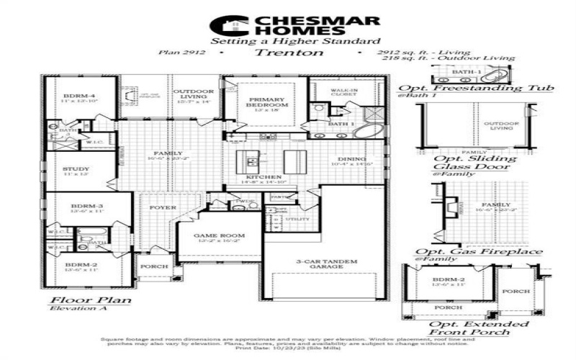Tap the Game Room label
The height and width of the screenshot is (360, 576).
click(x=220, y=236)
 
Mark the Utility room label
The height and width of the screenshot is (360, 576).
click(x=297, y=218)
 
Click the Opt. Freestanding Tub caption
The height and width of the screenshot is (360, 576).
click(x=476, y=88)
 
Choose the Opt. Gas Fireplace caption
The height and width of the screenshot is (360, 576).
click(x=479, y=252)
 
